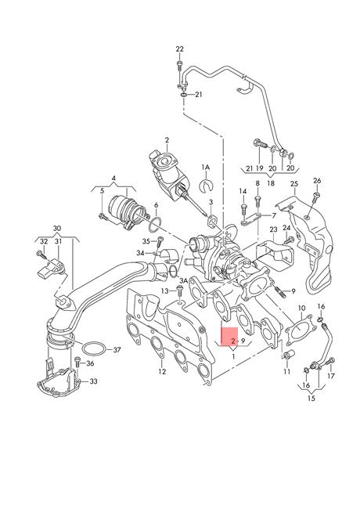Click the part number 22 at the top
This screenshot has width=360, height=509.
coord(179,49)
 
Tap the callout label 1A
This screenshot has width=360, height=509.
coord(206,168)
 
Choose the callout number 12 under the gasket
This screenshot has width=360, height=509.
coord(161,371)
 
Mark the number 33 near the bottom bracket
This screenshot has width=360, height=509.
coord(94,381)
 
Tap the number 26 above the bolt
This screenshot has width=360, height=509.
coord(317,180)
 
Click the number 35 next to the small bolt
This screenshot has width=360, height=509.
coord(146,241)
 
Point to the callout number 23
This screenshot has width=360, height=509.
coord(273,229)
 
